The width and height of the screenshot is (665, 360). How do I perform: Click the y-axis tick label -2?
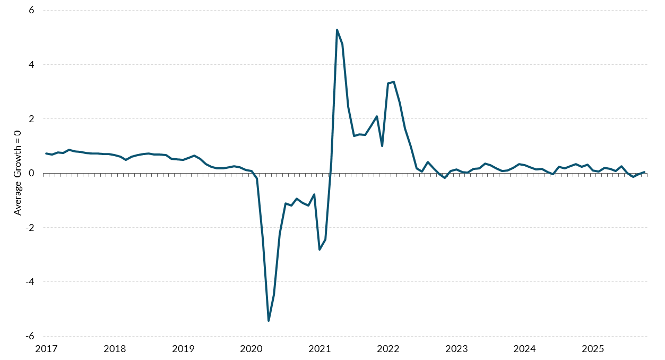29,227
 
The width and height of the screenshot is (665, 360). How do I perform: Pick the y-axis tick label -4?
29,281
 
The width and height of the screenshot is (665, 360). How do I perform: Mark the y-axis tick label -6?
29,336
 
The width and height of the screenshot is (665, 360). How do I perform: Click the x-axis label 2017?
46,349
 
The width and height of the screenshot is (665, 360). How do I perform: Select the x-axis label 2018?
115,349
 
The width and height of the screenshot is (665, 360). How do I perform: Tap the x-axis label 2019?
183,349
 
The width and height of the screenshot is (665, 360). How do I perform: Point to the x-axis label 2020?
252,349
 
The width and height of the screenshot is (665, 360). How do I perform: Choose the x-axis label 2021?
319,349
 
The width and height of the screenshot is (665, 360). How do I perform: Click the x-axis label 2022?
388,349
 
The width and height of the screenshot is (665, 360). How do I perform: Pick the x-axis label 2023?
456,349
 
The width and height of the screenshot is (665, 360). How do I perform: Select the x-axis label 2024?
524,349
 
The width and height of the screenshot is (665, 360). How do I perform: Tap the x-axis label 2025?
593,349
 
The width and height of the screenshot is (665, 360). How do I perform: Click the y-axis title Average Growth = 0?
18,173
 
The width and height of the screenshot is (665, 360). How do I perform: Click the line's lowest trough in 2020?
269,321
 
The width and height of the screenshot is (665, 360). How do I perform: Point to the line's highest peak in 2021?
337,30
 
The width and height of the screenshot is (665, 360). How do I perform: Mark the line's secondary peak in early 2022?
394,82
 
